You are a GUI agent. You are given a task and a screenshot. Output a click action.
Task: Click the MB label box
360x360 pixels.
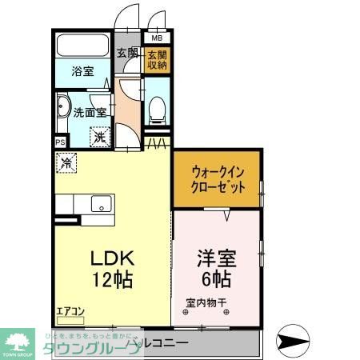(x=157, y=37)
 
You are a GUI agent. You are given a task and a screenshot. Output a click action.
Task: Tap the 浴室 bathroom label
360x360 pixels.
(x=82, y=70)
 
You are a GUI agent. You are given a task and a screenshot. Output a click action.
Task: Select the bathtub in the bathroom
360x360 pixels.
(x=84, y=46)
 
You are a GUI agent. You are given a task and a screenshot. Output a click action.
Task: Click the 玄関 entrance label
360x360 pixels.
(x=128, y=54)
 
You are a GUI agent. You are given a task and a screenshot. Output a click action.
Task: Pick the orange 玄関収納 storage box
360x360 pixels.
(x=157, y=60)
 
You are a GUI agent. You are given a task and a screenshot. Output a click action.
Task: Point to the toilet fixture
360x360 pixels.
(x=158, y=107)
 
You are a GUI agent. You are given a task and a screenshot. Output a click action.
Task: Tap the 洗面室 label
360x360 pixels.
(x=90, y=113)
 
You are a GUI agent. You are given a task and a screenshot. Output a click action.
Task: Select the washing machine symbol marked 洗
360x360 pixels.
(x=100, y=137)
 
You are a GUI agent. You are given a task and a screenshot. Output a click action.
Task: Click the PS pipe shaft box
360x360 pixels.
(x=61, y=142)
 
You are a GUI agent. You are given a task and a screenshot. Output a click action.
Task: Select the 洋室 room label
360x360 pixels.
(x=216, y=260)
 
